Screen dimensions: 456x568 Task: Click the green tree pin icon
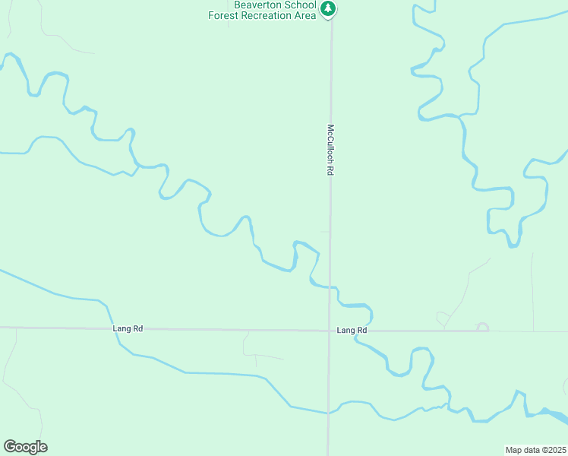tap(328, 9)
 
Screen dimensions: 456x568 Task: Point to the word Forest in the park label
tap(226, 15)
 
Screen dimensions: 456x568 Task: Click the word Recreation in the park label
tap(270, 15)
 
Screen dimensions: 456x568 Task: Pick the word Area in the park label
tap(305, 15)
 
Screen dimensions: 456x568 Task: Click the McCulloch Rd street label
tap(330, 150)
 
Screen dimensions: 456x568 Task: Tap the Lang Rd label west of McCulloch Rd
tap(128, 328)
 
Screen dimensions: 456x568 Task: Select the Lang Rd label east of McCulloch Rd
tap(352, 331)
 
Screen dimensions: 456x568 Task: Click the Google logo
tap(25, 447)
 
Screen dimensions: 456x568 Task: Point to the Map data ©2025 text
tap(536, 449)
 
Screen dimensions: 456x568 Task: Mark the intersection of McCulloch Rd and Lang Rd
tap(329, 331)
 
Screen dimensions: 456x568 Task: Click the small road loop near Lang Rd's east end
tap(481, 328)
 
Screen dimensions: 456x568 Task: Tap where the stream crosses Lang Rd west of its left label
tap(115, 328)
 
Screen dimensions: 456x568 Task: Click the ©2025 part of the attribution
tap(553, 449)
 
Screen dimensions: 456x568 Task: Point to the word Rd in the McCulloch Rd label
tap(330, 171)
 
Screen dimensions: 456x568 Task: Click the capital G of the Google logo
tap(9, 446)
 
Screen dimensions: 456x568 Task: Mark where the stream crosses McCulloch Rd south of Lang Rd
tap(328, 413)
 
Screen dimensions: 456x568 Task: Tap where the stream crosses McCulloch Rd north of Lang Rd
tap(330, 287)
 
